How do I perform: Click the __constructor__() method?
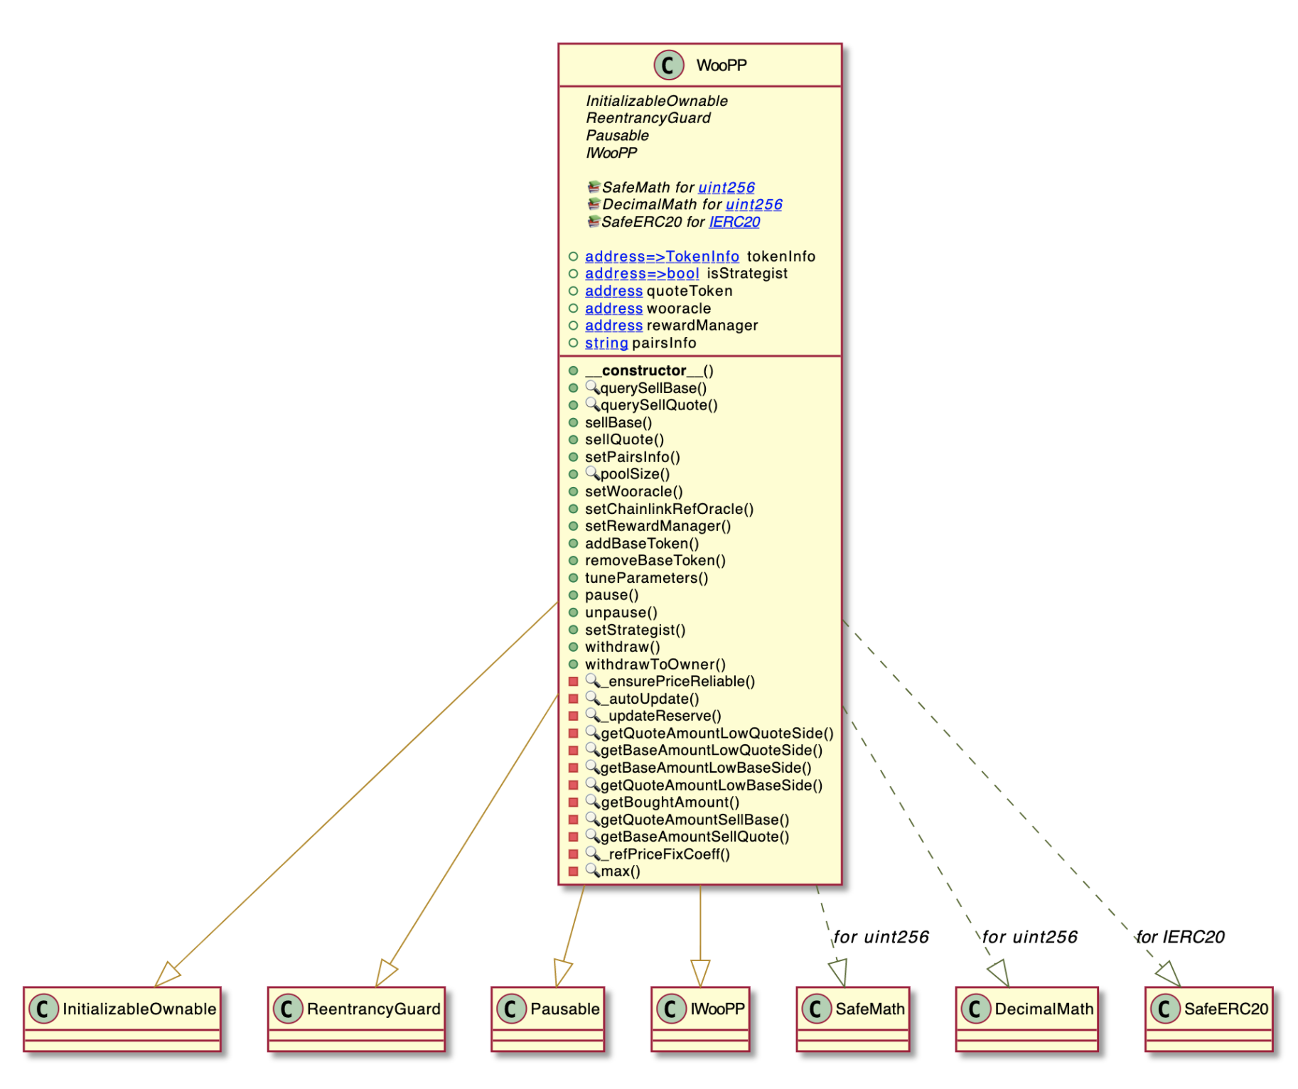click(648, 370)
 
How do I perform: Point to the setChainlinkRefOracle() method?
click(668, 509)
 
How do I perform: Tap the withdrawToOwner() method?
click(655, 664)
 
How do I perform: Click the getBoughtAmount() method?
click(670, 802)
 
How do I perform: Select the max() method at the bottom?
click(620, 871)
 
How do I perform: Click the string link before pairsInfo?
click(606, 343)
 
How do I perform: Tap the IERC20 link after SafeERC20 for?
click(734, 222)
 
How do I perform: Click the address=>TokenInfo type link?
click(661, 256)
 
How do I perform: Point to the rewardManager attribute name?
click(702, 326)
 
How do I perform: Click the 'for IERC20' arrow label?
click(1180, 937)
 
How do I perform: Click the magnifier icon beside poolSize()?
click(592, 473)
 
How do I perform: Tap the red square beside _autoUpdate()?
click(573, 699)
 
